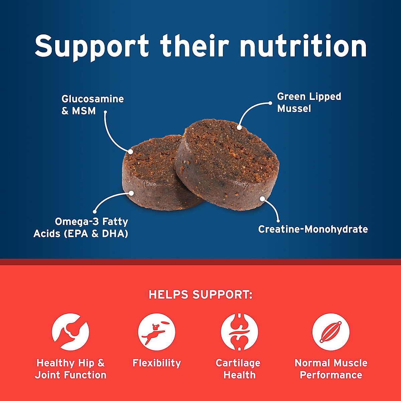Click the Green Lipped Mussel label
pos(309,102)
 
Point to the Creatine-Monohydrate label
pos(313,229)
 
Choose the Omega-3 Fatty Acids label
pos(81,228)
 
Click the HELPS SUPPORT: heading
pos(200,294)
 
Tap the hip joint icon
pos(71,332)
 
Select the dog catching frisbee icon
pos(157,332)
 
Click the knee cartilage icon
pos(239,332)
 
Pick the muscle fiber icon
pos(331,332)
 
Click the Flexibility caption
pos(157,363)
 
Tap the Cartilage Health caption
pos(239,369)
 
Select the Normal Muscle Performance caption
pos(331,369)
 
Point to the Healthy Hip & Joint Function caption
pos(71,369)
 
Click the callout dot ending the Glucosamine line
pos(130,152)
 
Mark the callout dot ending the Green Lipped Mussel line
pos(239,127)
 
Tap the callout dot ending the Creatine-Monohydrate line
pos(263,199)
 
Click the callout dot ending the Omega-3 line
pos(131,193)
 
